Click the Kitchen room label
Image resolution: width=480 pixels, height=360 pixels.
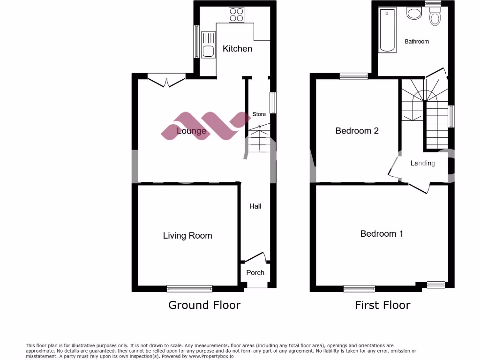tap(237, 49)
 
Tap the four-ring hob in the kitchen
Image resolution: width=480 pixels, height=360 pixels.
tap(236, 15)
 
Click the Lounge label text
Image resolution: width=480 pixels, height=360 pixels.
tap(191, 131)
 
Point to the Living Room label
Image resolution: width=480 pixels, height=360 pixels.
tap(187, 236)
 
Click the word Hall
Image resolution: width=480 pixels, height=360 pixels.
tap(255, 206)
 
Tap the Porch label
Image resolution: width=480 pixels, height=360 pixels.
tap(255, 272)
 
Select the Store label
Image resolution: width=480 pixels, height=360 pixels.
tap(259, 114)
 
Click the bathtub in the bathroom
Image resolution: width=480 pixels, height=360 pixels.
tap(387, 30)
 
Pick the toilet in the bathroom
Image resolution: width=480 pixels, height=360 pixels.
tap(436, 18)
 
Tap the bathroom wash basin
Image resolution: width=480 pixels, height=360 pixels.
tap(414, 13)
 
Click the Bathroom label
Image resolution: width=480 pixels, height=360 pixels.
tap(417, 42)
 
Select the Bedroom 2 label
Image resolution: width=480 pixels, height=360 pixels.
tap(357, 131)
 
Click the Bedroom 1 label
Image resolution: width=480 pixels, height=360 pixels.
tap(382, 233)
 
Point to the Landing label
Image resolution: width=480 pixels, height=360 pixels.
tap(423, 163)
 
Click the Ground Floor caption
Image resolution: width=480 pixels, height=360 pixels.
tap(204, 305)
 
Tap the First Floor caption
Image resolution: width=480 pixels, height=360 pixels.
tap(382, 305)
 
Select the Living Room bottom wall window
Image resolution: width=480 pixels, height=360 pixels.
tap(190, 289)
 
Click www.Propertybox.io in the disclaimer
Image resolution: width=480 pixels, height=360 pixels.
tap(212, 356)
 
